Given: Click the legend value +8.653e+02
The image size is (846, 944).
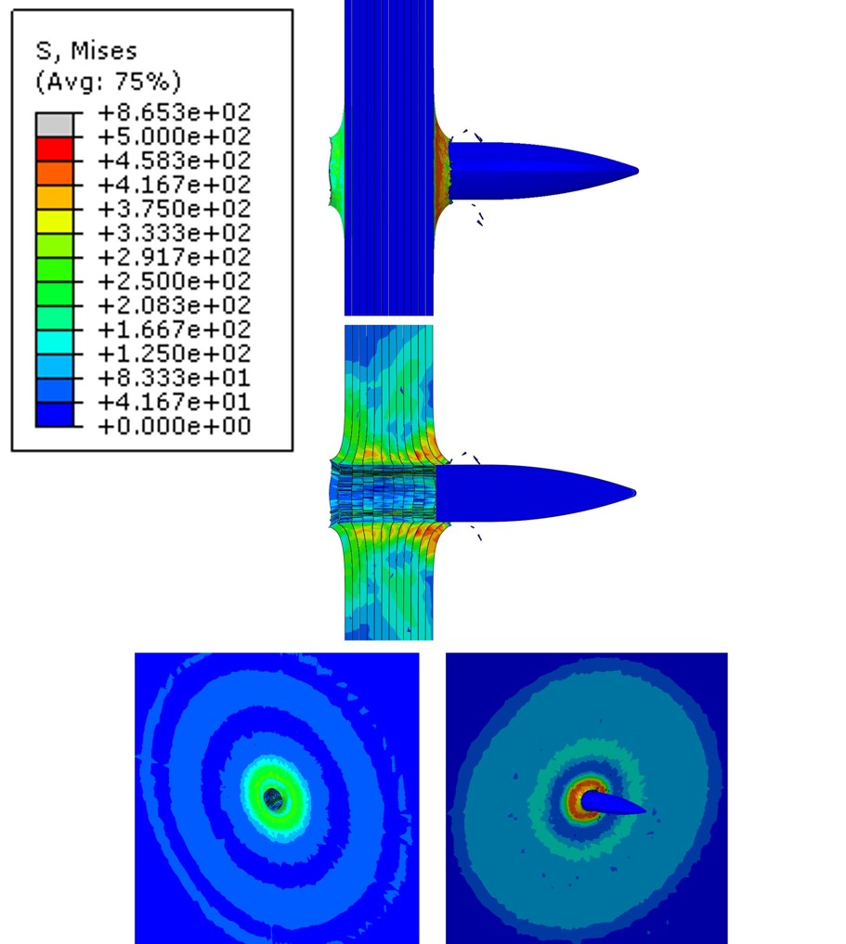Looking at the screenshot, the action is point(174,112).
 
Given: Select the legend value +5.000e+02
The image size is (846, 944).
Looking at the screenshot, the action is point(174,136).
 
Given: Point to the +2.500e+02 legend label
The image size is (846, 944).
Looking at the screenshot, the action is point(174,281).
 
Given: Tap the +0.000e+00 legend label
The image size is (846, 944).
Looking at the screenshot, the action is point(174,426).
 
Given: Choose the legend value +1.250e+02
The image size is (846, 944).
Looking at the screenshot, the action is point(174,354).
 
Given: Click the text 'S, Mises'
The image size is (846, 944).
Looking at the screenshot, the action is point(86,51).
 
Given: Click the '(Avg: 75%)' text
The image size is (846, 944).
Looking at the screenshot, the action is point(109,82).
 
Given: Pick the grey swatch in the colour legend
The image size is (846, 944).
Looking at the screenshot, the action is point(55,124).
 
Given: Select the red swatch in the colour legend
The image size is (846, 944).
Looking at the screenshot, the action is point(55,149).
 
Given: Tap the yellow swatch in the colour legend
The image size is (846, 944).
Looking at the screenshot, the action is point(55,222).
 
